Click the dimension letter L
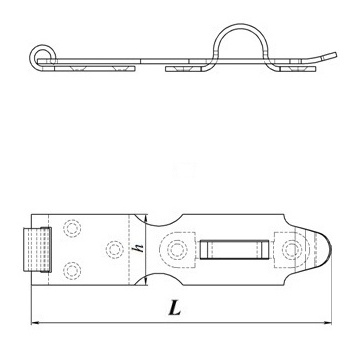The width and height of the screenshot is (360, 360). [x=174, y=308]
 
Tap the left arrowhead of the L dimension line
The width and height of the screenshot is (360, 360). [x=35, y=323]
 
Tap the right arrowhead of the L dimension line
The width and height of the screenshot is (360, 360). [x=328, y=323]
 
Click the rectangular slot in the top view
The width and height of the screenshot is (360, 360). [x=235, y=250]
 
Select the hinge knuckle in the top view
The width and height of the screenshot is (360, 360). [x=37, y=249]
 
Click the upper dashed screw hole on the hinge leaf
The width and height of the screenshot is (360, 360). [x=72, y=229]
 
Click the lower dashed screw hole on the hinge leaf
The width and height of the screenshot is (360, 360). [x=72, y=270]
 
